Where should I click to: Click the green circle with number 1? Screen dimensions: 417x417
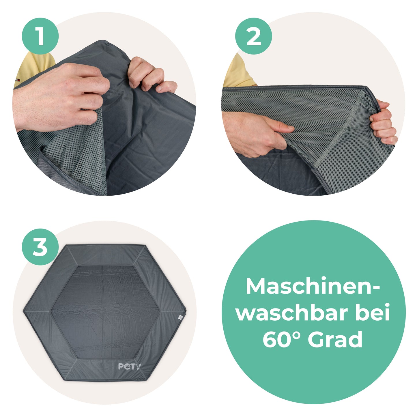40,36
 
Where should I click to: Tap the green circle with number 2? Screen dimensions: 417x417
253,36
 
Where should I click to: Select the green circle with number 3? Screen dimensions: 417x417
40,247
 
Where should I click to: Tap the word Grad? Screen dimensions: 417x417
335,339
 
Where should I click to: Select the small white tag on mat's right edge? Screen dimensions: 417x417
180,317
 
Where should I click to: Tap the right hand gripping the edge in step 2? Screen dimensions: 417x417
384,123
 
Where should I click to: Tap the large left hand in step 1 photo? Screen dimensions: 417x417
63,95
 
